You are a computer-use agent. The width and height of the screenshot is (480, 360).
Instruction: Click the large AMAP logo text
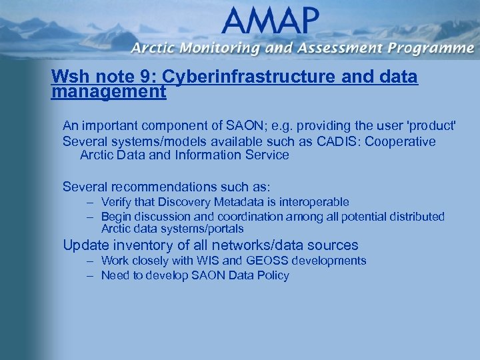click(x=267, y=22)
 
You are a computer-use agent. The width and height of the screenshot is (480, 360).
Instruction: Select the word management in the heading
click(x=108, y=91)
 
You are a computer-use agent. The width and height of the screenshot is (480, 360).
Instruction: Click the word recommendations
click(x=176, y=187)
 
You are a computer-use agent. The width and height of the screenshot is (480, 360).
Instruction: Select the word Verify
click(x=116, y=202)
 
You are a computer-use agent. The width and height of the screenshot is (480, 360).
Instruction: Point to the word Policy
click(x=272, y=275)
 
